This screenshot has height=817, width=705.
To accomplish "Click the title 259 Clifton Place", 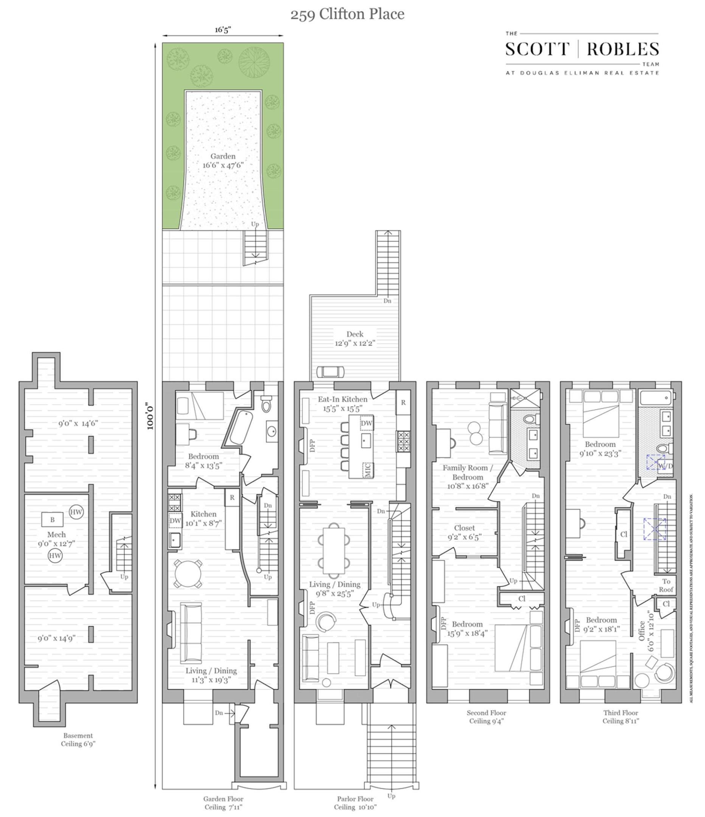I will tap(347, 15).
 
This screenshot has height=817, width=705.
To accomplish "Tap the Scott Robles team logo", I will tap(582, 53).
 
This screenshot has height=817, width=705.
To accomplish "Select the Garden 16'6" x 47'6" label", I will tap(223, 161).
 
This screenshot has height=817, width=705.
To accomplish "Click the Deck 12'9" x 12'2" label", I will tap(354, 338).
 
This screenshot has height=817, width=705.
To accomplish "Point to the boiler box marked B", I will tap(53, 520).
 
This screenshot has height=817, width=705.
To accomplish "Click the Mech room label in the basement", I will tap(56, 539).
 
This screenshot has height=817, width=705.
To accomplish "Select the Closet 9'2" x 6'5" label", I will tap(464, 532).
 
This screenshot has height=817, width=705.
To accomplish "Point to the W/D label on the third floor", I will tap(666, 466).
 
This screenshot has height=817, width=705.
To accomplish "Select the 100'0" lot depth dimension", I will tap(149, 416).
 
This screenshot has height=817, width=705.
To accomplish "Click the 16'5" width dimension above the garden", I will tap(223, 30).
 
